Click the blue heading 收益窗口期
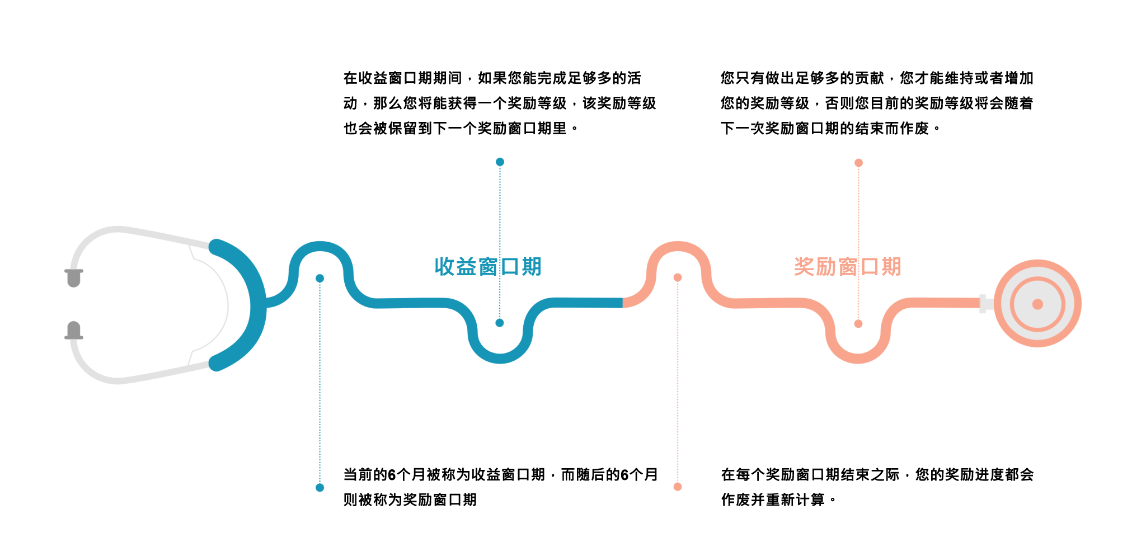coord(488,267)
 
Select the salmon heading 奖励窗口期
coord(847,267)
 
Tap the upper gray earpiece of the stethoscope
coord(74,277)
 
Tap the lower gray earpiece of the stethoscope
coord(74,330)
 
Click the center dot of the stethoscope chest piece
coord(1037,304)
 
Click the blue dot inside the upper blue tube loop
coord(320,278)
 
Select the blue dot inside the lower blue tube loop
coord(500,323)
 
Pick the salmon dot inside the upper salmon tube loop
coord(678,277)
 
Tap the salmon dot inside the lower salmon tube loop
coord(858,324)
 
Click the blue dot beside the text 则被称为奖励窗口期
coord(320,488)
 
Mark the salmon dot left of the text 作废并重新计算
coord(678,487)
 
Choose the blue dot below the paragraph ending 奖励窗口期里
coord(500,162)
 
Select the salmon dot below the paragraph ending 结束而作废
coord(858,163)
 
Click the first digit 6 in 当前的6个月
coord(392,475)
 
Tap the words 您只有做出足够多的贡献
coord(802,78)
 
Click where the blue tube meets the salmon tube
coord(623,303)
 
